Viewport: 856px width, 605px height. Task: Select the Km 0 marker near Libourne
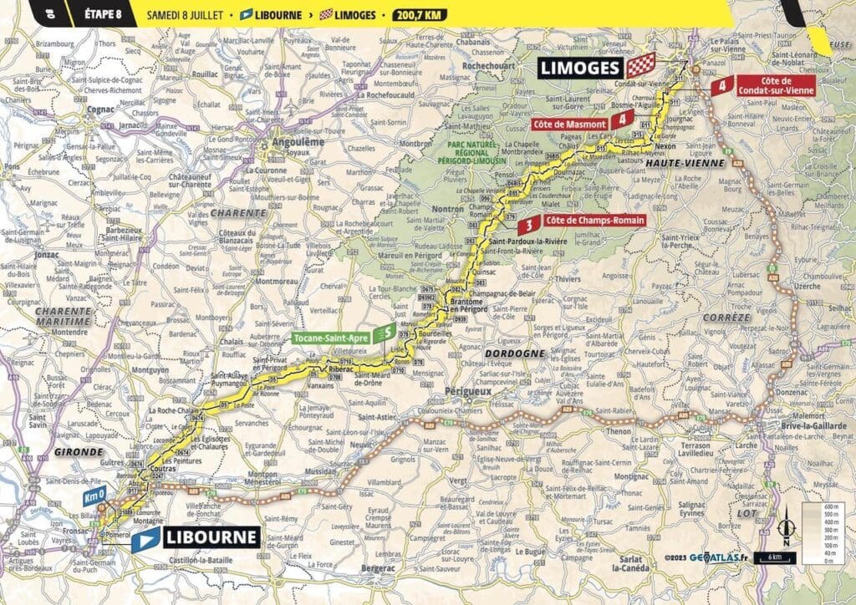[96, 494]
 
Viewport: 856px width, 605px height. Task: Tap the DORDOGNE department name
[513, 353]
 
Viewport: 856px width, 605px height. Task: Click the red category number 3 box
[527, 225]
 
